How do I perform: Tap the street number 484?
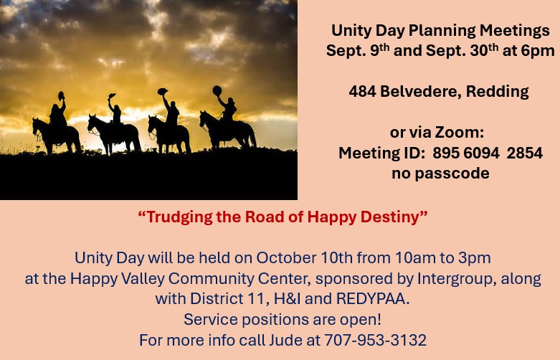[x=362, y=91]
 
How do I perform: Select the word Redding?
[x=497, y=92]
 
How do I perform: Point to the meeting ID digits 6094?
[x=481, y=153]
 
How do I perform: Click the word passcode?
[x=452, y=174]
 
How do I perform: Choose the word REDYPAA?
[x=373, y=299]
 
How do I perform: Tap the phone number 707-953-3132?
[x=375, y=340]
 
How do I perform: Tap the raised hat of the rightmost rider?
[x=217, y=90]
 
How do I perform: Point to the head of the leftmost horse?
[x=37, y=127]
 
